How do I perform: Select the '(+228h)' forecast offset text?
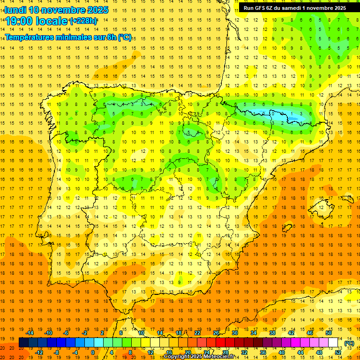pyautogui.click(x=83, y=21)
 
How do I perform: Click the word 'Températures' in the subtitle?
pyautogui.click(x=32, y=37)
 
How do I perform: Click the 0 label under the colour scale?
pyautogui.click(x=93, y=352)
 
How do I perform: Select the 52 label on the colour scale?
pyautogui.click(x=338, y=352)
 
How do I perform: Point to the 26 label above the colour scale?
pyautogui.click(x=216, y=333)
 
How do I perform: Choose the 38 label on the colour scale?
pyautogui.click(x=272, y=333)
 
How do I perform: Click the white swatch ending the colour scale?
pyautogui.click(x=333, y=343)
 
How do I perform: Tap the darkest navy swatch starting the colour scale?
pyautogui.click(x=23, y=343)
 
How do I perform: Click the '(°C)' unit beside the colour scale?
pyautogui.click(x=349, y=343)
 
